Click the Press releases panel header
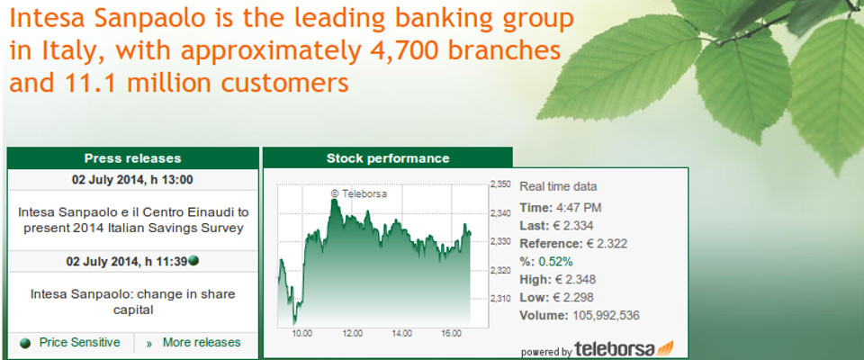click(x=133, y=158)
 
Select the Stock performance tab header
click(x=388, y=158)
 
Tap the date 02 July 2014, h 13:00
click(x=133, y=180)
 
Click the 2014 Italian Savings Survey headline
click(x=133, y=220)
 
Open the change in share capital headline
click(x=133, y=302)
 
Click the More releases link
click(x=202, y=342)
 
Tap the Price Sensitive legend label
click(x=79, y=342)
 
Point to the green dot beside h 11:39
click(x=193, y=260)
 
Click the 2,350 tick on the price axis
click(x=500, y=185)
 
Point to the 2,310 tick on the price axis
click(x=500, y=299)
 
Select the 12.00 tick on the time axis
click(x=352, y=334)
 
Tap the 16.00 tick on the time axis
click(x=452, y=334)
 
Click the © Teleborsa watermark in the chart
click(x=359, y=193)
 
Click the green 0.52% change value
click(x=555, y=261)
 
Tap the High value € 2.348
click(x=575, y=280)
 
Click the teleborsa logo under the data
click(x=624, y=349)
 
